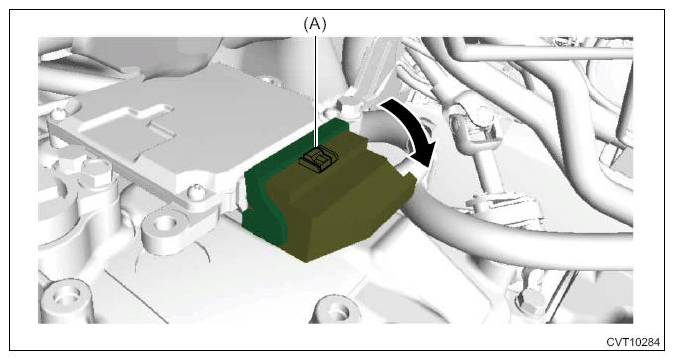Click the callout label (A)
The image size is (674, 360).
coord(315,24)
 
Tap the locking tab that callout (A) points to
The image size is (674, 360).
coord(317,159)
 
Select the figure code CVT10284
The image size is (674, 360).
coord(633,342)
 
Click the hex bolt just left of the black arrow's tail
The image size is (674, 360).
coord(346,106)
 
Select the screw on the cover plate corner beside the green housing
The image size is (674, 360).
coord(196,188)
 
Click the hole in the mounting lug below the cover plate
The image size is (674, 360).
coord(163,223)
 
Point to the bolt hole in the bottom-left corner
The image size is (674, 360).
coord(65,296)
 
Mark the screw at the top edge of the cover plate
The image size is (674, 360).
coord(267,81)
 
